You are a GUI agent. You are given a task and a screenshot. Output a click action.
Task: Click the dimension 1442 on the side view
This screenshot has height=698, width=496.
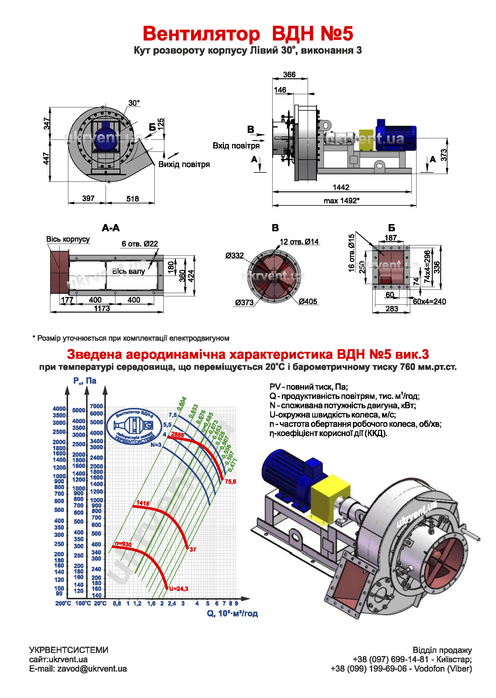click(341, 187)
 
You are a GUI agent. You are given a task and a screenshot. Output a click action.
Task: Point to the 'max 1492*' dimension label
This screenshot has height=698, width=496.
click(342, 201)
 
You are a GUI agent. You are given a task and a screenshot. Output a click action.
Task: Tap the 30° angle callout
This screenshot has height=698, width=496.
click(134, 103)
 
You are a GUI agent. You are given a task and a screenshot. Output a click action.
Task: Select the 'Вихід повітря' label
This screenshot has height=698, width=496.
click(184, 164)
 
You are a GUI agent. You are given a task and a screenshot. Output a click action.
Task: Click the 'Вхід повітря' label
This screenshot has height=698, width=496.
click(236, 145)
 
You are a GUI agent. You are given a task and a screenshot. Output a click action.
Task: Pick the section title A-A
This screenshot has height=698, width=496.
click(111, 228)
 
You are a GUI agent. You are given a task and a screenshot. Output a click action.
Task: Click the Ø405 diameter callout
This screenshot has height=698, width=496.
click(308, 301)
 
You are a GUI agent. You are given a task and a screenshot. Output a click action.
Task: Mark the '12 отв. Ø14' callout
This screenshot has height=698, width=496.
click(299, 242)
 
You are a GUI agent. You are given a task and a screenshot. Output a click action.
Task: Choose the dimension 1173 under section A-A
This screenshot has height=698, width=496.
click(102, 308)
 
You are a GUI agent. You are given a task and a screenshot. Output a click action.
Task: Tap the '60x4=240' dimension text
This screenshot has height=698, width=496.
click(429, 301)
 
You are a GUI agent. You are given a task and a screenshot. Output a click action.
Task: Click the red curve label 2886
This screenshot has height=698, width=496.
click(178, 434)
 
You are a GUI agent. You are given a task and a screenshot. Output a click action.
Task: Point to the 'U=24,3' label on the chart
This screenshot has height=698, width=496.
click(179, 589)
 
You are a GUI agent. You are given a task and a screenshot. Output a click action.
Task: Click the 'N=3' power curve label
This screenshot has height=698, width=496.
click(156, 445)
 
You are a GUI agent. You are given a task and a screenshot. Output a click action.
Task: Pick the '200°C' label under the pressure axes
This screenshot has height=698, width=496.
click(63, 603)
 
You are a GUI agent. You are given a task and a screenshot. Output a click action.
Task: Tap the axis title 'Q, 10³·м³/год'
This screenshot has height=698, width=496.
click(232, 613)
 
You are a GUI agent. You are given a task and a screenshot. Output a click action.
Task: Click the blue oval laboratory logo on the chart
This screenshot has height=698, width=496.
click(134, 426)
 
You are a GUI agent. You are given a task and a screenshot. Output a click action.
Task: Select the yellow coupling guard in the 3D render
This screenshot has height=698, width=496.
click(330, 496)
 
